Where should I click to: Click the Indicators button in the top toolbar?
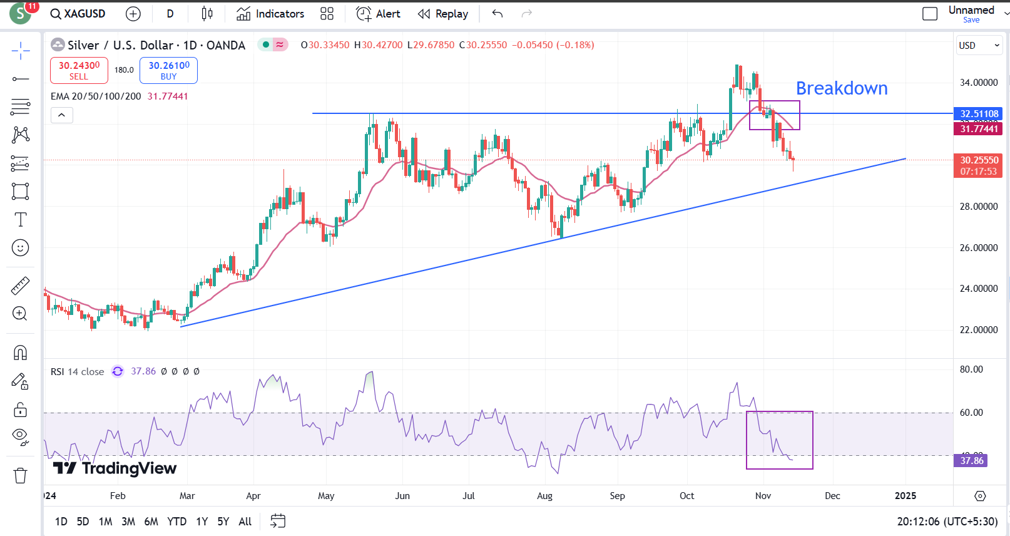coord(270,14)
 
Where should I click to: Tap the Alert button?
coord(378,14)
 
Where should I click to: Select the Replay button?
coord(443,14)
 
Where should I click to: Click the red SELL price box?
coord(79,70)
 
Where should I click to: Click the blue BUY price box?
coord(168,70)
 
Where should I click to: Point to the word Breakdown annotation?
coord(841,88)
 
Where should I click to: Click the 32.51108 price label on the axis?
coord(979,114)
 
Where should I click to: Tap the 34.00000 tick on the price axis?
coord(979,83)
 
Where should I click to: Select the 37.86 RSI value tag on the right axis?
coord(971,461)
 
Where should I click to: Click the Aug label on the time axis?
coord(544,496)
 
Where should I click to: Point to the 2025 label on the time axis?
coord(905,496)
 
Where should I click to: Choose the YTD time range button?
coord(176,522)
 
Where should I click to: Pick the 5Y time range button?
coord(223,522)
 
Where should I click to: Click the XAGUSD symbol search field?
coord(78,14)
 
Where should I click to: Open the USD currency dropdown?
coord(979,46)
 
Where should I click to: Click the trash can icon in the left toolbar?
coord(20,476)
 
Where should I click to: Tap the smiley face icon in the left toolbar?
coord(20,248)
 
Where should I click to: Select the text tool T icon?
coord(20,220)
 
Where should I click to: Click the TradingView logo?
coord(115,468)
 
